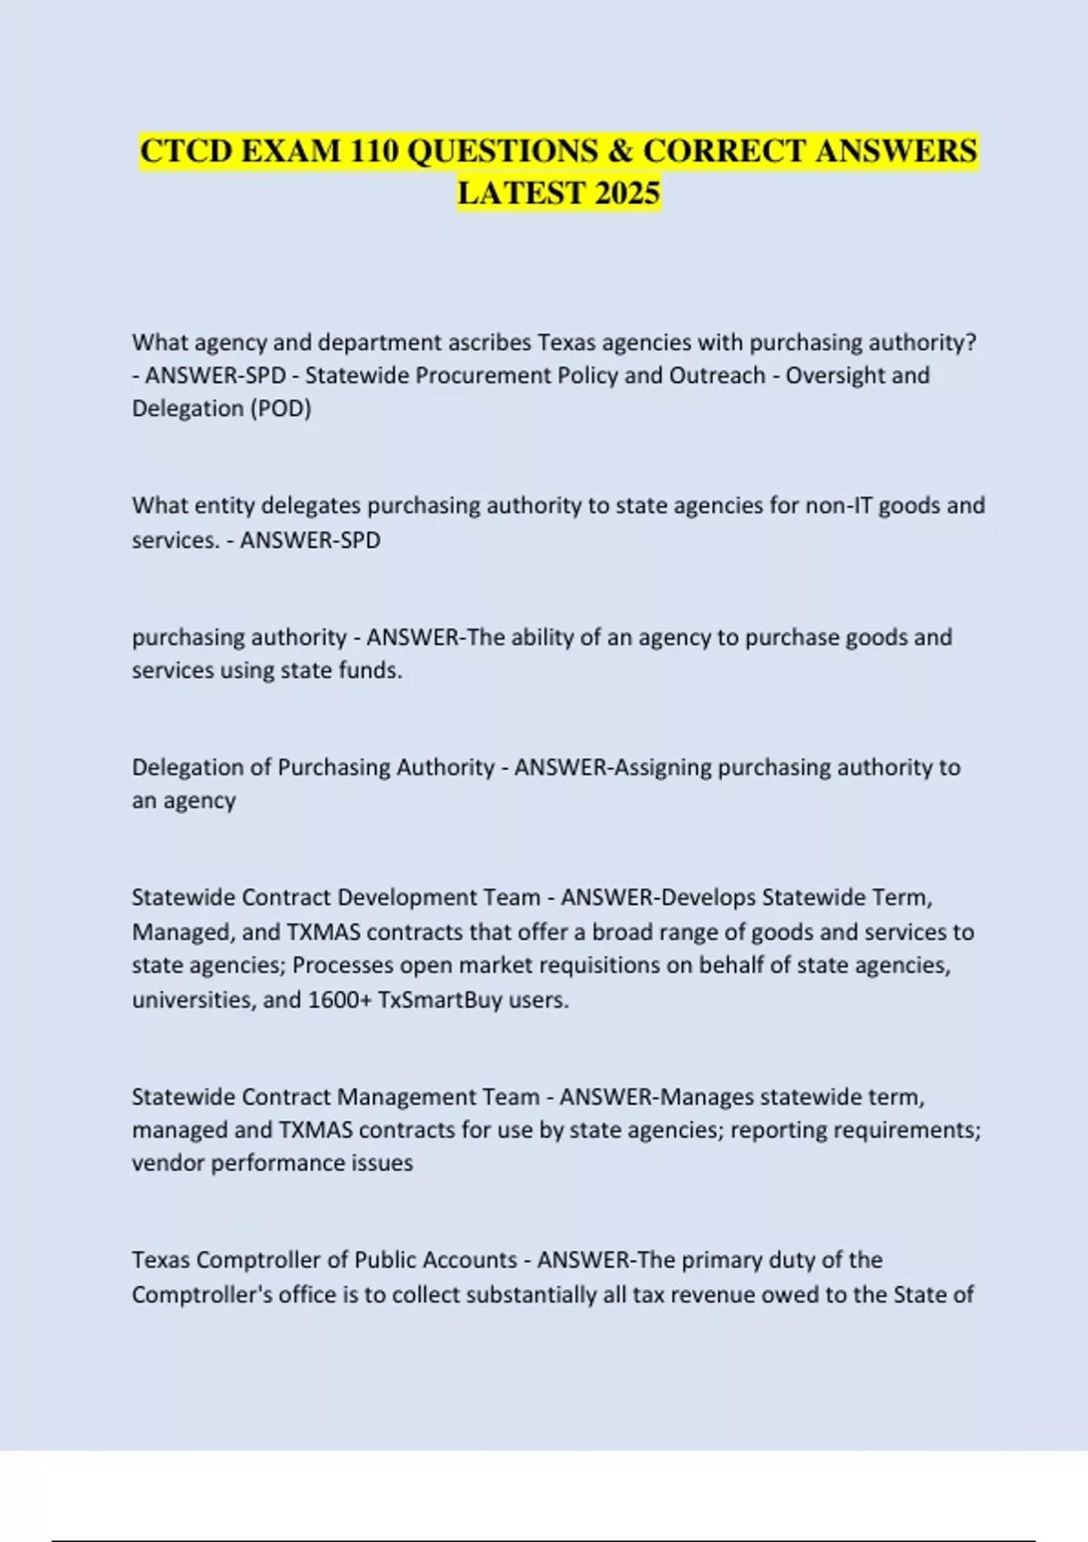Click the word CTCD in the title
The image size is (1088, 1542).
point(186,151)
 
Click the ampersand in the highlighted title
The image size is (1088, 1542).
point(620,151)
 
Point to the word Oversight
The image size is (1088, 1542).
point(835,376)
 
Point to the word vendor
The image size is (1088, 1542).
point(168,1163)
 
